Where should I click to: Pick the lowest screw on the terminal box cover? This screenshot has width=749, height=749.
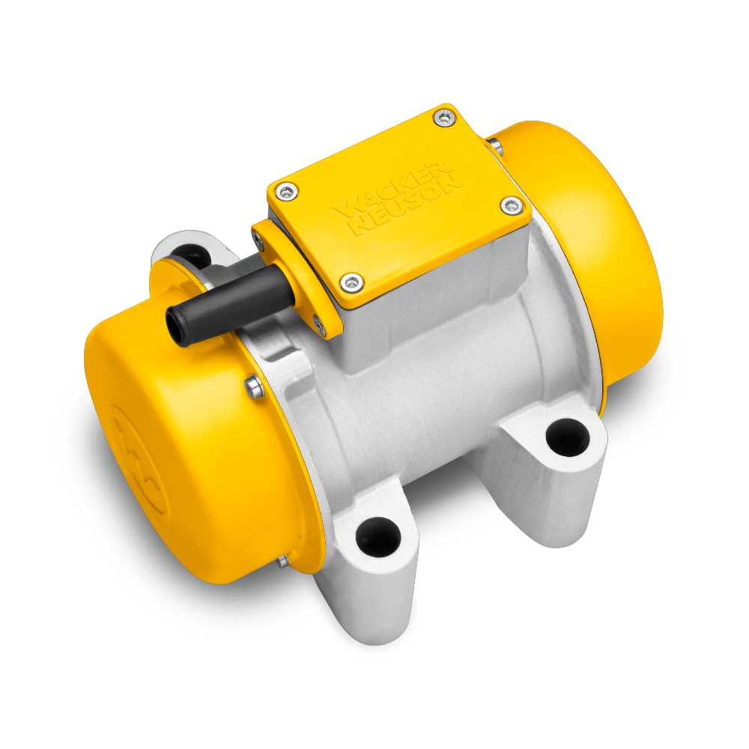(350, 281)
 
